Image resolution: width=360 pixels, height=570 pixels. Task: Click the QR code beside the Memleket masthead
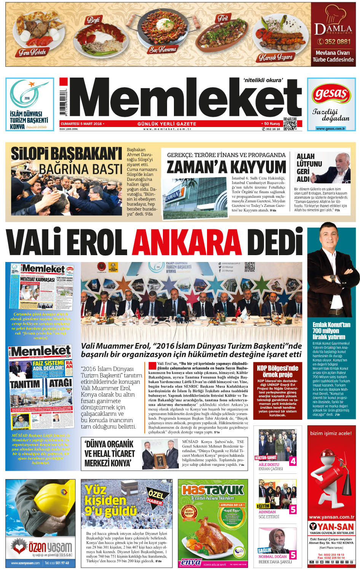tap(290, 124)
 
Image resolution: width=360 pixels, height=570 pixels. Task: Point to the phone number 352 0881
tap(334, 42)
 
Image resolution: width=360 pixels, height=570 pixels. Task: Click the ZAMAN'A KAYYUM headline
tap(226, 167)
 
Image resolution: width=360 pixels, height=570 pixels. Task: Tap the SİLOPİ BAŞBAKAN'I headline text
tap(66, 154)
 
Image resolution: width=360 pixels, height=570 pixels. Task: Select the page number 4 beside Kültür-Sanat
tap(293, 461)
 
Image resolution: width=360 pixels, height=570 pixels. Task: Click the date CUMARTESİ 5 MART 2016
tap(81, 124)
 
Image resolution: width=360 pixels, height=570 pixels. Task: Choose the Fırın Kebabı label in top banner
tap(32, 52)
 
